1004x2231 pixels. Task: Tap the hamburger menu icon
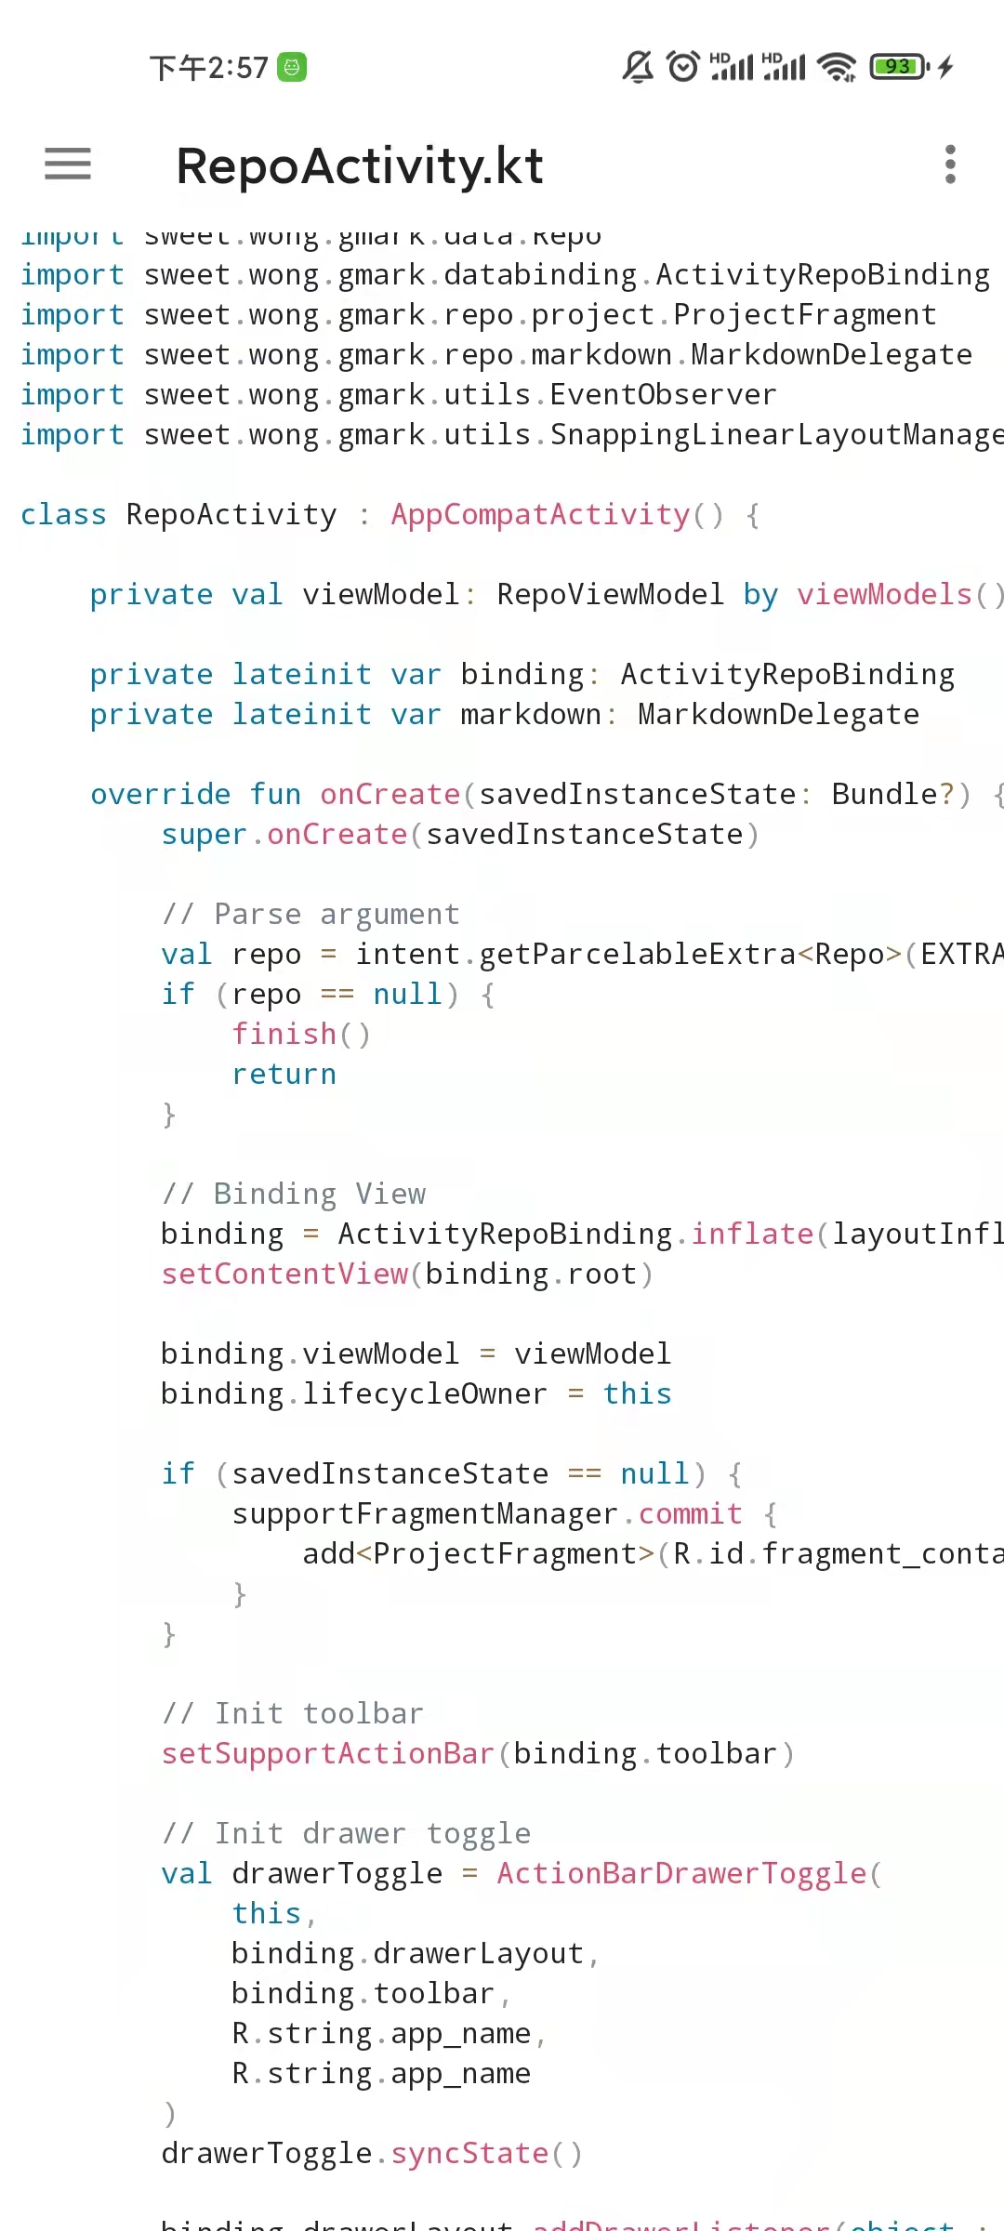(x=68, y=164)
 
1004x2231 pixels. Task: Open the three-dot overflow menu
(x=949, y=165)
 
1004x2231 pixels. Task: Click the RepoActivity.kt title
(x=360, y=165)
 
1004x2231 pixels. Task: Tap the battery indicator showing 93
(x=898, y=66)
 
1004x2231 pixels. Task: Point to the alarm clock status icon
(x=683, y=66)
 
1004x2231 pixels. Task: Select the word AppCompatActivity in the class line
(x=540, y=515)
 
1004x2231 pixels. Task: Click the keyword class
(x=63, y=515)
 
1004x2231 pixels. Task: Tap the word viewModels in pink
(x=884, y=595)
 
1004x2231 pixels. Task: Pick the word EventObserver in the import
(x=663, y=395)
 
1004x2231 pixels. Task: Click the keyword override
(x=160, y=795)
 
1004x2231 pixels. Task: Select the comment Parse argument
(x=311, y=915)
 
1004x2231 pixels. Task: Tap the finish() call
(x=301, y=1035)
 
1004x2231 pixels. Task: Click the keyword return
(x=284, y=1075)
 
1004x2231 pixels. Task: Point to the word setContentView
(x=284, y=1274)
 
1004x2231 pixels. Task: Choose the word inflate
(x=752, y=1234)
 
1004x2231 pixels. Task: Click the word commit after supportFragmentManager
(x=690, y=1514)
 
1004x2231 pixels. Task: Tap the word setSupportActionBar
(x=327, y=1754)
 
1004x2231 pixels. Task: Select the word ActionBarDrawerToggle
(x=681, y=1874)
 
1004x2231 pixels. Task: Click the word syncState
(x=469, y=2154)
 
